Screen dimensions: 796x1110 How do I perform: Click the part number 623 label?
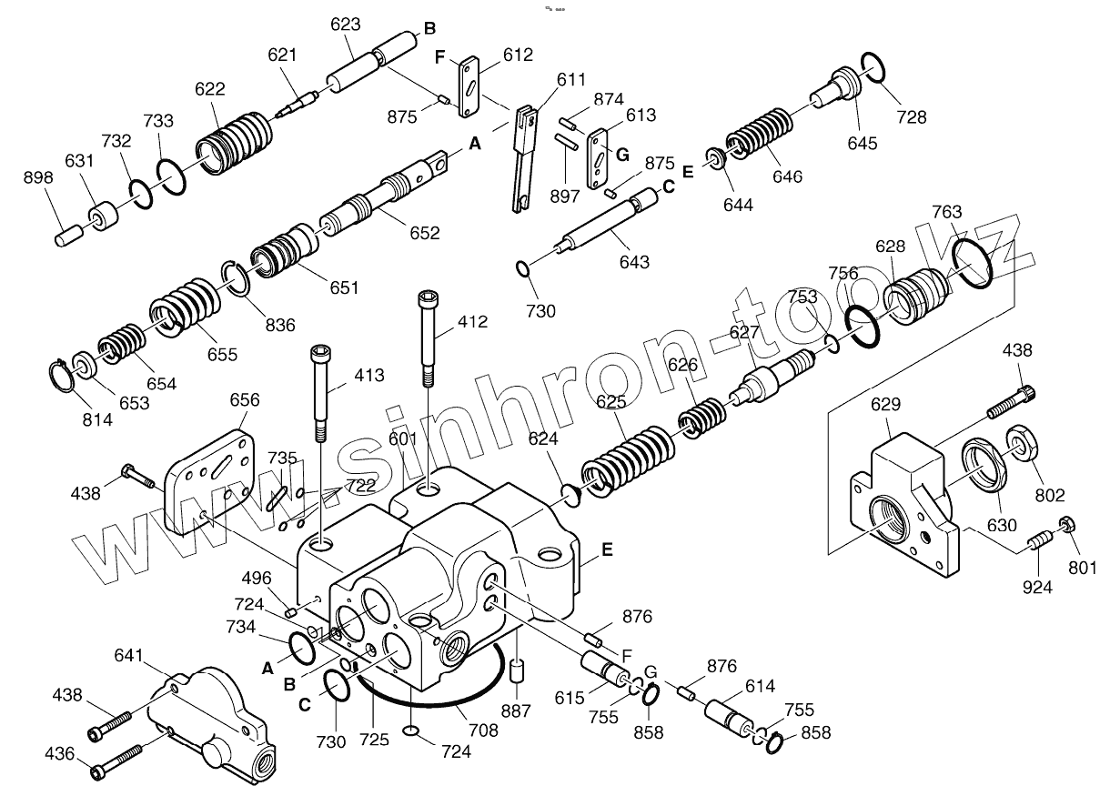pos(345,26)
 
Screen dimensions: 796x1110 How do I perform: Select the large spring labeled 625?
pos(628,455)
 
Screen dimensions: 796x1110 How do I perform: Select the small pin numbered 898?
pos(68,237)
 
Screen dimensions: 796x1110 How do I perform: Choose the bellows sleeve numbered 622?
pos(235,146)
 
